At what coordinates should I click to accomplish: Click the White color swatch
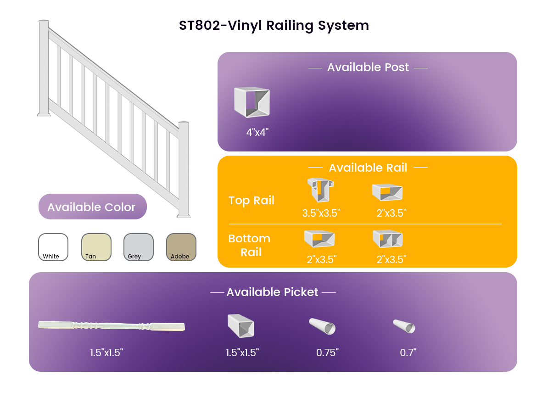coord(53,247)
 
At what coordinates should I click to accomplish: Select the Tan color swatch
coord(96,247)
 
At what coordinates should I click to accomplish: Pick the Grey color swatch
coord(139,247)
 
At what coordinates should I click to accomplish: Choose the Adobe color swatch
coord(181,247)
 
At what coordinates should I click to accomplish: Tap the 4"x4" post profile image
coord(252,102)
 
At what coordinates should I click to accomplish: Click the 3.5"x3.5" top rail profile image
coord(320,190)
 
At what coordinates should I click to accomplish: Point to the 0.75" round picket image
coord(322,326)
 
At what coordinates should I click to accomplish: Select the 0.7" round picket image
coord(404,326)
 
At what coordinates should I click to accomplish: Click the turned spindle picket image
coord(112,326)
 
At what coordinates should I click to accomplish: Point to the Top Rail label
coord(252,200)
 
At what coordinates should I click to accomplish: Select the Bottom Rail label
coord(250,245)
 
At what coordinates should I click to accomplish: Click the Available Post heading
coord(368,67)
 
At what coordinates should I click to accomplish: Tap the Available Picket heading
coord(273,292)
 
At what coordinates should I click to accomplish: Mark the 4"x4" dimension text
coord(257,132)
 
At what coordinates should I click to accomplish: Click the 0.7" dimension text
coord(408,353)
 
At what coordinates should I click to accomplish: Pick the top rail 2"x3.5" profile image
coord(387,192)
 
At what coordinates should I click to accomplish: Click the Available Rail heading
coord(368,168)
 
